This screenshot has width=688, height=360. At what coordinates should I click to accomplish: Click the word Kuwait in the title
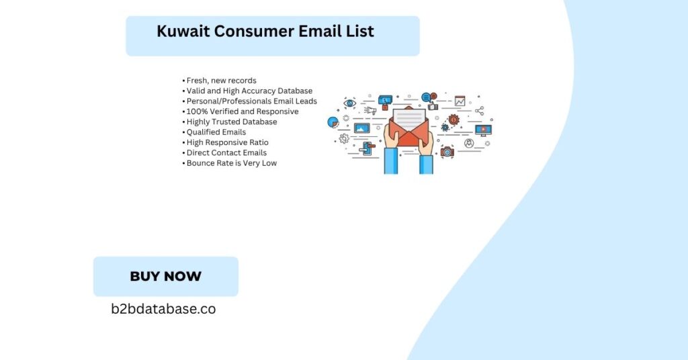coord(183,31)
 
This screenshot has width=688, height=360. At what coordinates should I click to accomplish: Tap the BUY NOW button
coord(166,276)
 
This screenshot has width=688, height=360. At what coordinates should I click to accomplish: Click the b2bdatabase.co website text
coord(163,309)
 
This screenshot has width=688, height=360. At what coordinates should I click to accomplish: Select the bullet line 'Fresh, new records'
coord(220,81)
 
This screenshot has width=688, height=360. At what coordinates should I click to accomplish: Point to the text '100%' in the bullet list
coord(194,111)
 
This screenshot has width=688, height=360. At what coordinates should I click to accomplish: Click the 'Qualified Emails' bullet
coord(214,132)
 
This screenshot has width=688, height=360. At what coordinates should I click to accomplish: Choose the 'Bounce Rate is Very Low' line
coord(230,163)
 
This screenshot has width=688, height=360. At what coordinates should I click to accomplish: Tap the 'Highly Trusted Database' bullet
coord(230,122)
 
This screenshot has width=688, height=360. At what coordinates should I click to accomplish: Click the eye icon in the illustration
coord(349,103)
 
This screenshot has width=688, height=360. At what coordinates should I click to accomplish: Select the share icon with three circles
coord(480,111)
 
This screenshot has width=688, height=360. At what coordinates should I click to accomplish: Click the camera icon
coord(447,152)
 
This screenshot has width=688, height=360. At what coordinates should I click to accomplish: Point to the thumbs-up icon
coord(433,106)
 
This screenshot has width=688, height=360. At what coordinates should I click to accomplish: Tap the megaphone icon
coord(370,111)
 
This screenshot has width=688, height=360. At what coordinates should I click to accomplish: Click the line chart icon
coord(460,101)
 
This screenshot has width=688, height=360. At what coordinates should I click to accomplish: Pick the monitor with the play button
coord(483,130)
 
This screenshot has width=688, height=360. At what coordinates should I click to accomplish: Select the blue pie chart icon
coord(333,122)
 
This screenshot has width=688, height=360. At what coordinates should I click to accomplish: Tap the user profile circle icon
coord(469,143)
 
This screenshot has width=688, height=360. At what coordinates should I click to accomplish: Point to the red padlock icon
coord(385,107)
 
